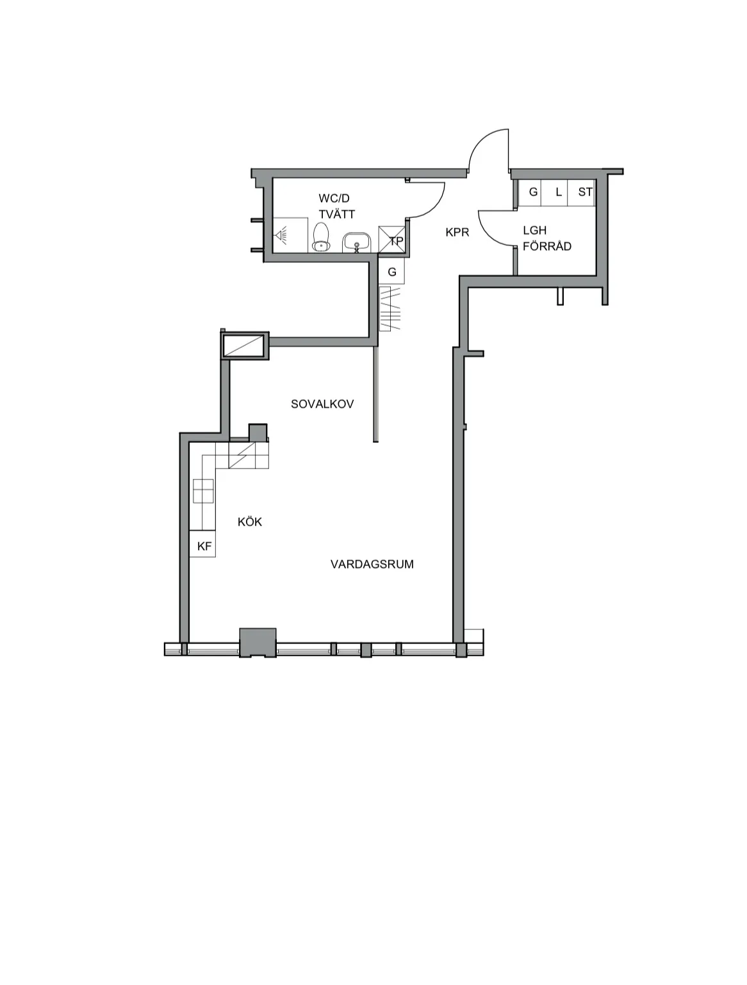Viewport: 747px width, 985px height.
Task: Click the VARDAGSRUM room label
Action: (x=372, y=564)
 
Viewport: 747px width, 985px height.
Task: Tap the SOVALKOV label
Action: (x=322, y=404)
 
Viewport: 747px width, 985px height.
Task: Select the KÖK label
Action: (x=249, y=522)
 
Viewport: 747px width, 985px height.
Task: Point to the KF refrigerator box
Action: (x=202, y=543)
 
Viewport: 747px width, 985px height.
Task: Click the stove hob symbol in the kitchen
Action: (x=203, y=491)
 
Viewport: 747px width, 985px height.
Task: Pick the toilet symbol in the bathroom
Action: (x=321, y=237)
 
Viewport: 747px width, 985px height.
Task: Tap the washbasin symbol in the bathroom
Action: (x=357, y=242)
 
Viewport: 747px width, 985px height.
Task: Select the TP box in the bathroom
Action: (x=391, y=239)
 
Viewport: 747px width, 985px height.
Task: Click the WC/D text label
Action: (x=334, y=198)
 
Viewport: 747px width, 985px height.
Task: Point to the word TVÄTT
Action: (x=336, y=214)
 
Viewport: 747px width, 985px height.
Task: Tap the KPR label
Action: (x=457, y=232)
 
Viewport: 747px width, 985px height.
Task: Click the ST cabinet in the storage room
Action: (x=582, y=192)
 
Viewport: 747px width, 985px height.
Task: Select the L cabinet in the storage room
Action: (x=555, y=192)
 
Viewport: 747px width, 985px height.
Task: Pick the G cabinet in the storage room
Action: (x=530, y=192)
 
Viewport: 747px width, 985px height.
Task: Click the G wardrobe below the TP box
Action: (x=391, y=270)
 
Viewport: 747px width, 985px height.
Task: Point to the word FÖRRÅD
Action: (x=547, y=246)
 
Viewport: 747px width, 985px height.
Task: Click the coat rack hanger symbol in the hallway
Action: (x=390, y=309)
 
